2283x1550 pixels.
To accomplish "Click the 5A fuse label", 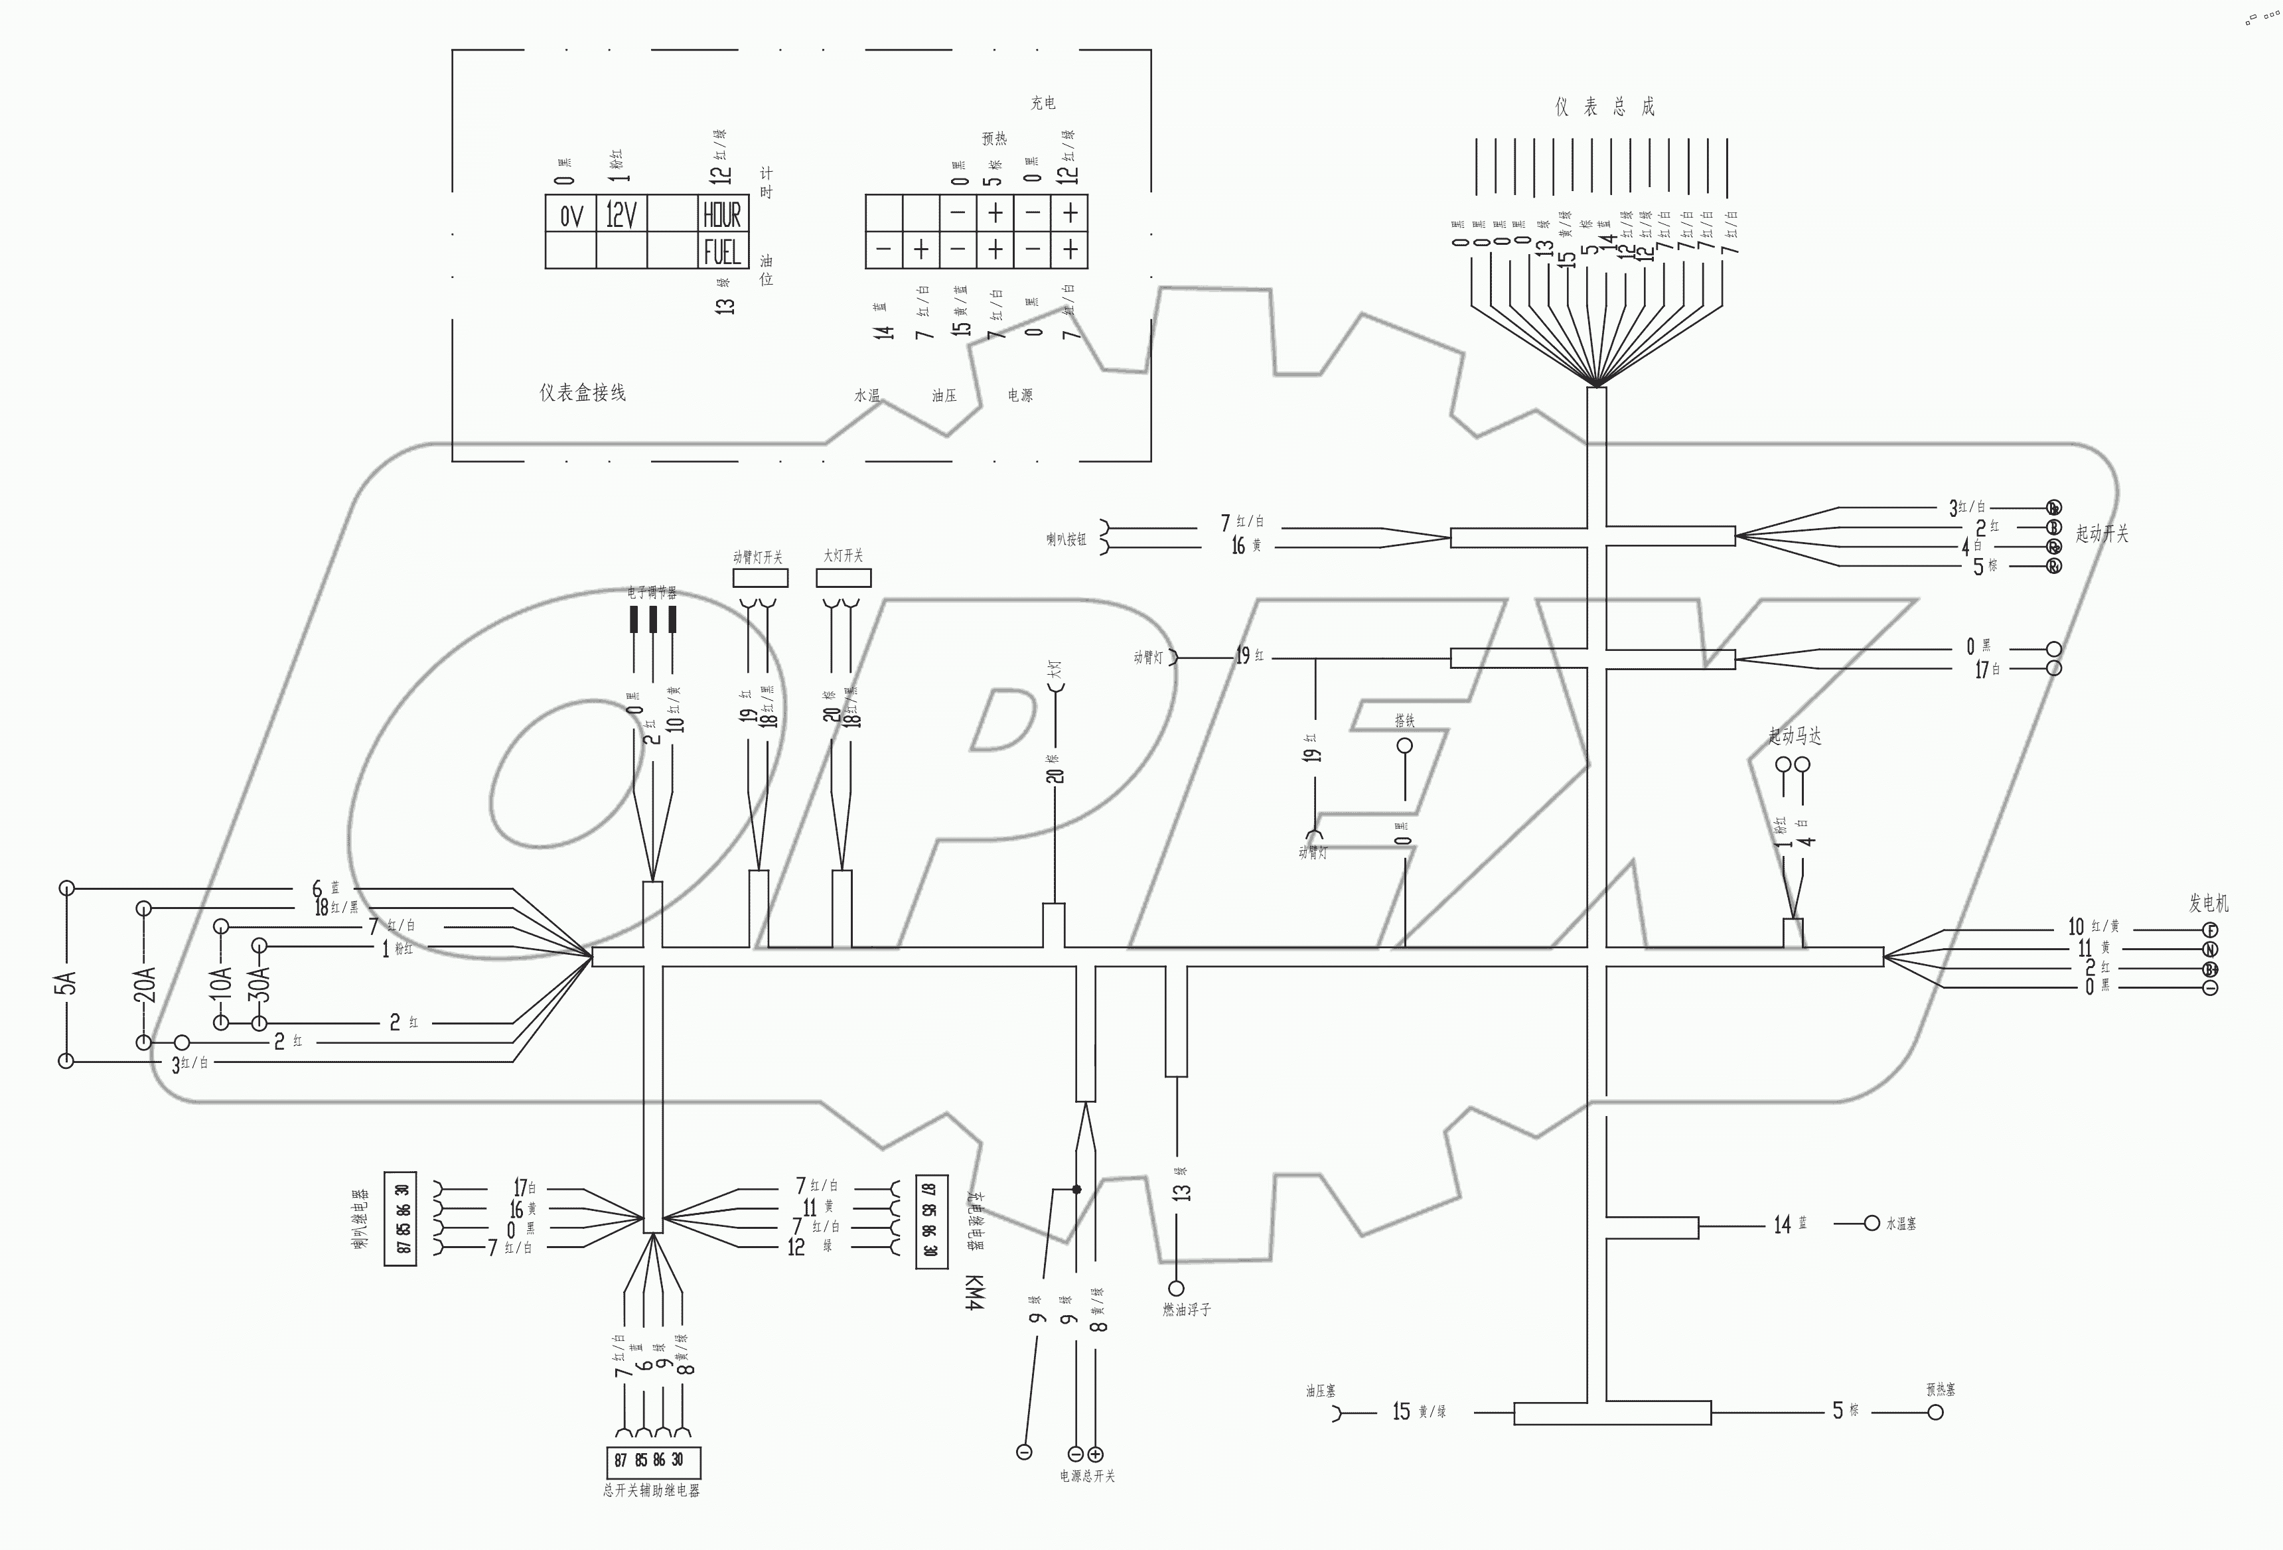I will point(65,982).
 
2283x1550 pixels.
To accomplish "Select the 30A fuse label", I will point(259,982).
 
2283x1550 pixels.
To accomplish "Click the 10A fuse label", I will point(220,982).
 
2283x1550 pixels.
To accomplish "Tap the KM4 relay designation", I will point(974,1292).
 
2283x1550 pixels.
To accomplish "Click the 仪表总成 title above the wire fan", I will point(1604,107).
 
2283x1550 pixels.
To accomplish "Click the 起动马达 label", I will point(1795,736).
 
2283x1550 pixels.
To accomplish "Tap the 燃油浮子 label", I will point(1186,1309).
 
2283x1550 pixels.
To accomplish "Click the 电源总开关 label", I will point(1086,1476).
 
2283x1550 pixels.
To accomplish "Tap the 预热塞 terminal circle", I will point(1935,1413).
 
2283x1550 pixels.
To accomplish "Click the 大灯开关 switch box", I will point(843,577).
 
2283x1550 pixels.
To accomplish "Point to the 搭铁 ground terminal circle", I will point(1405,746).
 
